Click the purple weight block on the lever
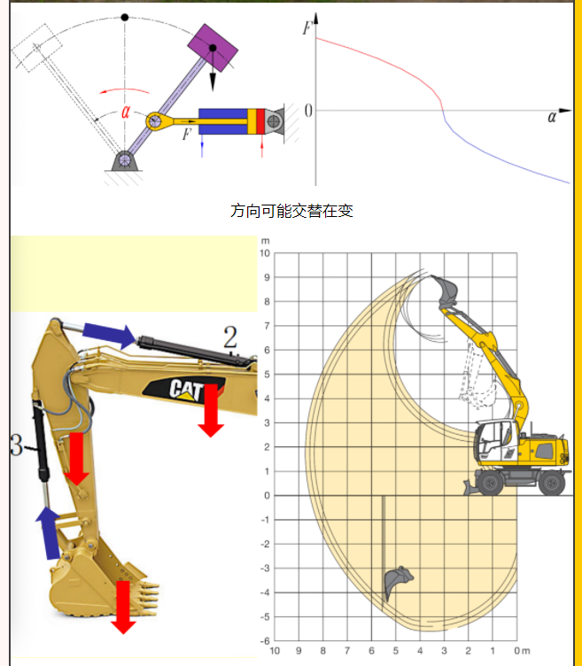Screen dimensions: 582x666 tap(213, 48)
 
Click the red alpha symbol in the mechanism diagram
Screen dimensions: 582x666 tap(125, 112)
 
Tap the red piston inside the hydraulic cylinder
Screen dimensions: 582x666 tap(260, 121)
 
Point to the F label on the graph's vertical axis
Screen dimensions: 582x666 tap(307, 27)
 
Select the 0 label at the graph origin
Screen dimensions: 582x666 tap(308, 111)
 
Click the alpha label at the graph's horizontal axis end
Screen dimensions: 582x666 tap(551, 117)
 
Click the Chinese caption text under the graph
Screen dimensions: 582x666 tap(291, 211)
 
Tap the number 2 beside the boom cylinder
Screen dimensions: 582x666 tap(230, 337)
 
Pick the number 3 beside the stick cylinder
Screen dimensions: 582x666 tap(16, 445)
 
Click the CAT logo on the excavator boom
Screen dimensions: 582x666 tap(186, 390)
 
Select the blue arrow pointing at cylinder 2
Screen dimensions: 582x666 tap(109, 335)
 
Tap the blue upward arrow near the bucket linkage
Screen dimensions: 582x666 tap(49, 532)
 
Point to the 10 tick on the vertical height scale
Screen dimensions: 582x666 tap(265, 253)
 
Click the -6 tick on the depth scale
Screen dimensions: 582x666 tap(265, 641)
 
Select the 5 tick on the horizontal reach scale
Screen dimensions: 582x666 tap(395, 651)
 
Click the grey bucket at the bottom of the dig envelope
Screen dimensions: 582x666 tap(397, 581)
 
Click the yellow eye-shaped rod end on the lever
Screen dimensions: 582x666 tap(155, 121)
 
